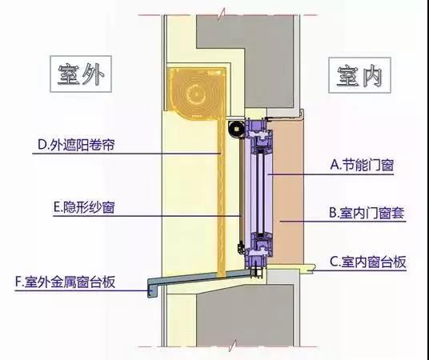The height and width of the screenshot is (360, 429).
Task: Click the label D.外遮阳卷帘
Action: pos(76,145)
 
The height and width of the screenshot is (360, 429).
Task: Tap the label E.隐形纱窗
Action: pos(84,207)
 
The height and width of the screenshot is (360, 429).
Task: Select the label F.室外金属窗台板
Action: pos(65,282)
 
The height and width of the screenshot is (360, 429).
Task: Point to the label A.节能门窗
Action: pos(362,165)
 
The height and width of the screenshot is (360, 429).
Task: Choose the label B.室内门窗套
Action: pos(367,213)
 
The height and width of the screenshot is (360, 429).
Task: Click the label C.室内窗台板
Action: pos(367,262)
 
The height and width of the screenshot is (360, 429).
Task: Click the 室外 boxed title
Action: pos(81,74)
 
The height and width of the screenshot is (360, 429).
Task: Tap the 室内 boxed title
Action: pos(359,75)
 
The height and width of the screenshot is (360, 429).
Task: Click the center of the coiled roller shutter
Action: pos(196,94)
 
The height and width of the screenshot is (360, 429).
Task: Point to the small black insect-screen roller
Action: pos(235,129)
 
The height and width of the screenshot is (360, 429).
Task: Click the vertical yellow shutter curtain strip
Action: pos(222,197)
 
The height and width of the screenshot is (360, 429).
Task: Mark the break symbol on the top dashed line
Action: pos(223,14)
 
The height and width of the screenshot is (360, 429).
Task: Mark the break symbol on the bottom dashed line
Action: pos(233,346)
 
